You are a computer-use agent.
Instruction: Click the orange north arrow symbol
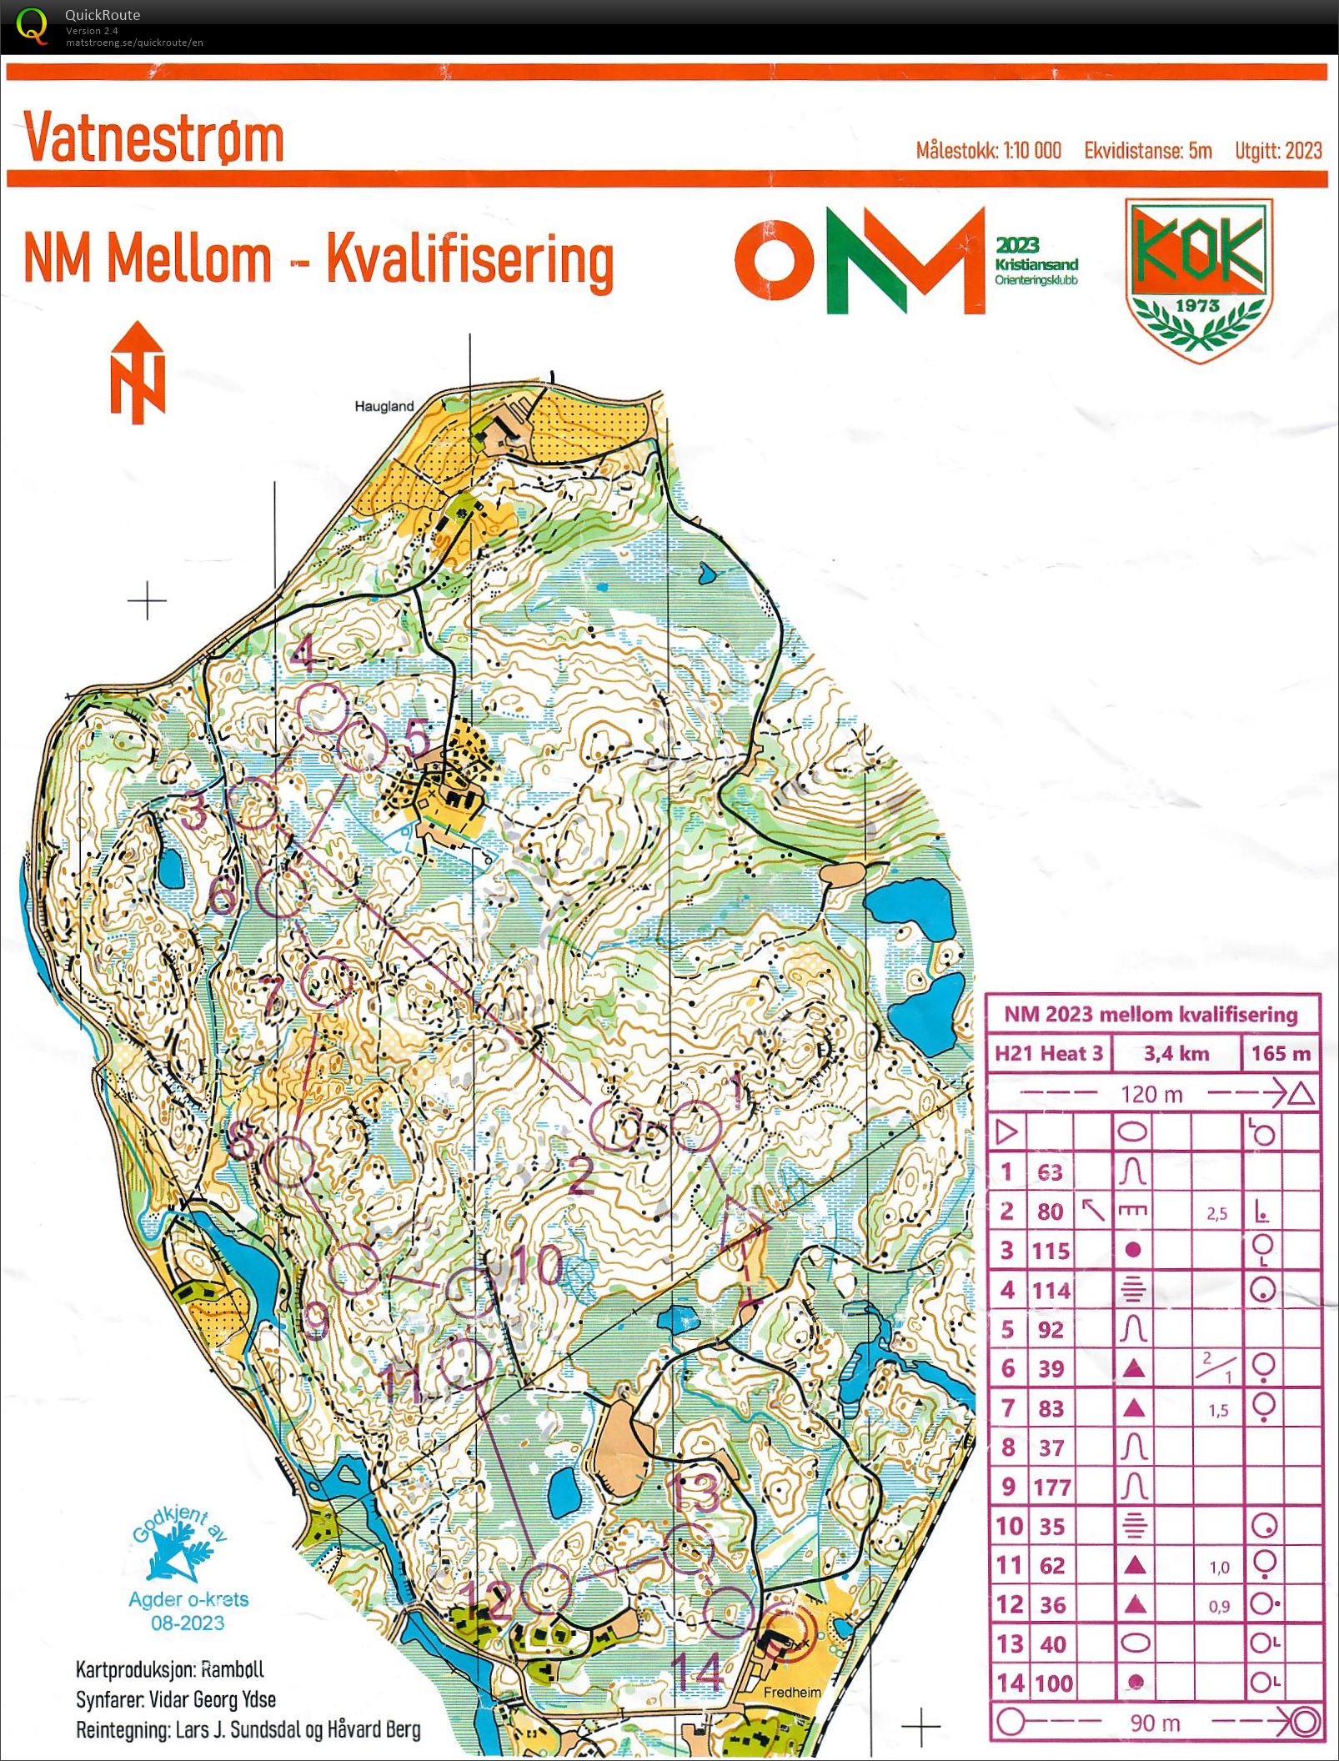click(138, 373)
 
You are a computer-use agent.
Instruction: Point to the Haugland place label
click(384, 406)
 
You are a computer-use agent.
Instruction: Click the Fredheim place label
click(792, 1692)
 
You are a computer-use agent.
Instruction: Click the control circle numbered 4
click(323, 707)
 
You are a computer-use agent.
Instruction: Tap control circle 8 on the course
click(289, 1160)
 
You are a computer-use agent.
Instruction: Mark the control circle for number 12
click(546, 1589)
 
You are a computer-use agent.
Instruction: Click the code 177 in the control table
click(1051, 1487)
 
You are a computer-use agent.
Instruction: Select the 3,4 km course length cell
click(1176, 1053)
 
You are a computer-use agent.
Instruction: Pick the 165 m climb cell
click(1281, 1053)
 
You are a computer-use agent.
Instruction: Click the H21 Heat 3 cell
click(1048, 1053)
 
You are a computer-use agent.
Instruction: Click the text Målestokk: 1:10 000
click(988, 151)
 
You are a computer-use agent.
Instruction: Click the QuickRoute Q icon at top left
click(31, 25)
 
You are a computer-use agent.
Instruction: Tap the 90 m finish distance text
click(1155, 1723)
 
